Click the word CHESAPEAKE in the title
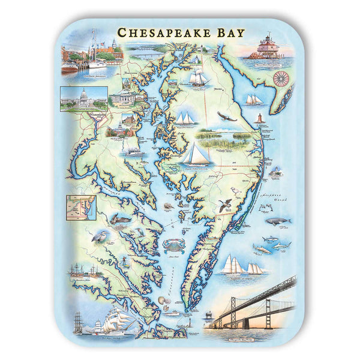(x=163, y=32)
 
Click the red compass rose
(x=280, y=77)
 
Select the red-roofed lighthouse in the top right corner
(x=265, y=46)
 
